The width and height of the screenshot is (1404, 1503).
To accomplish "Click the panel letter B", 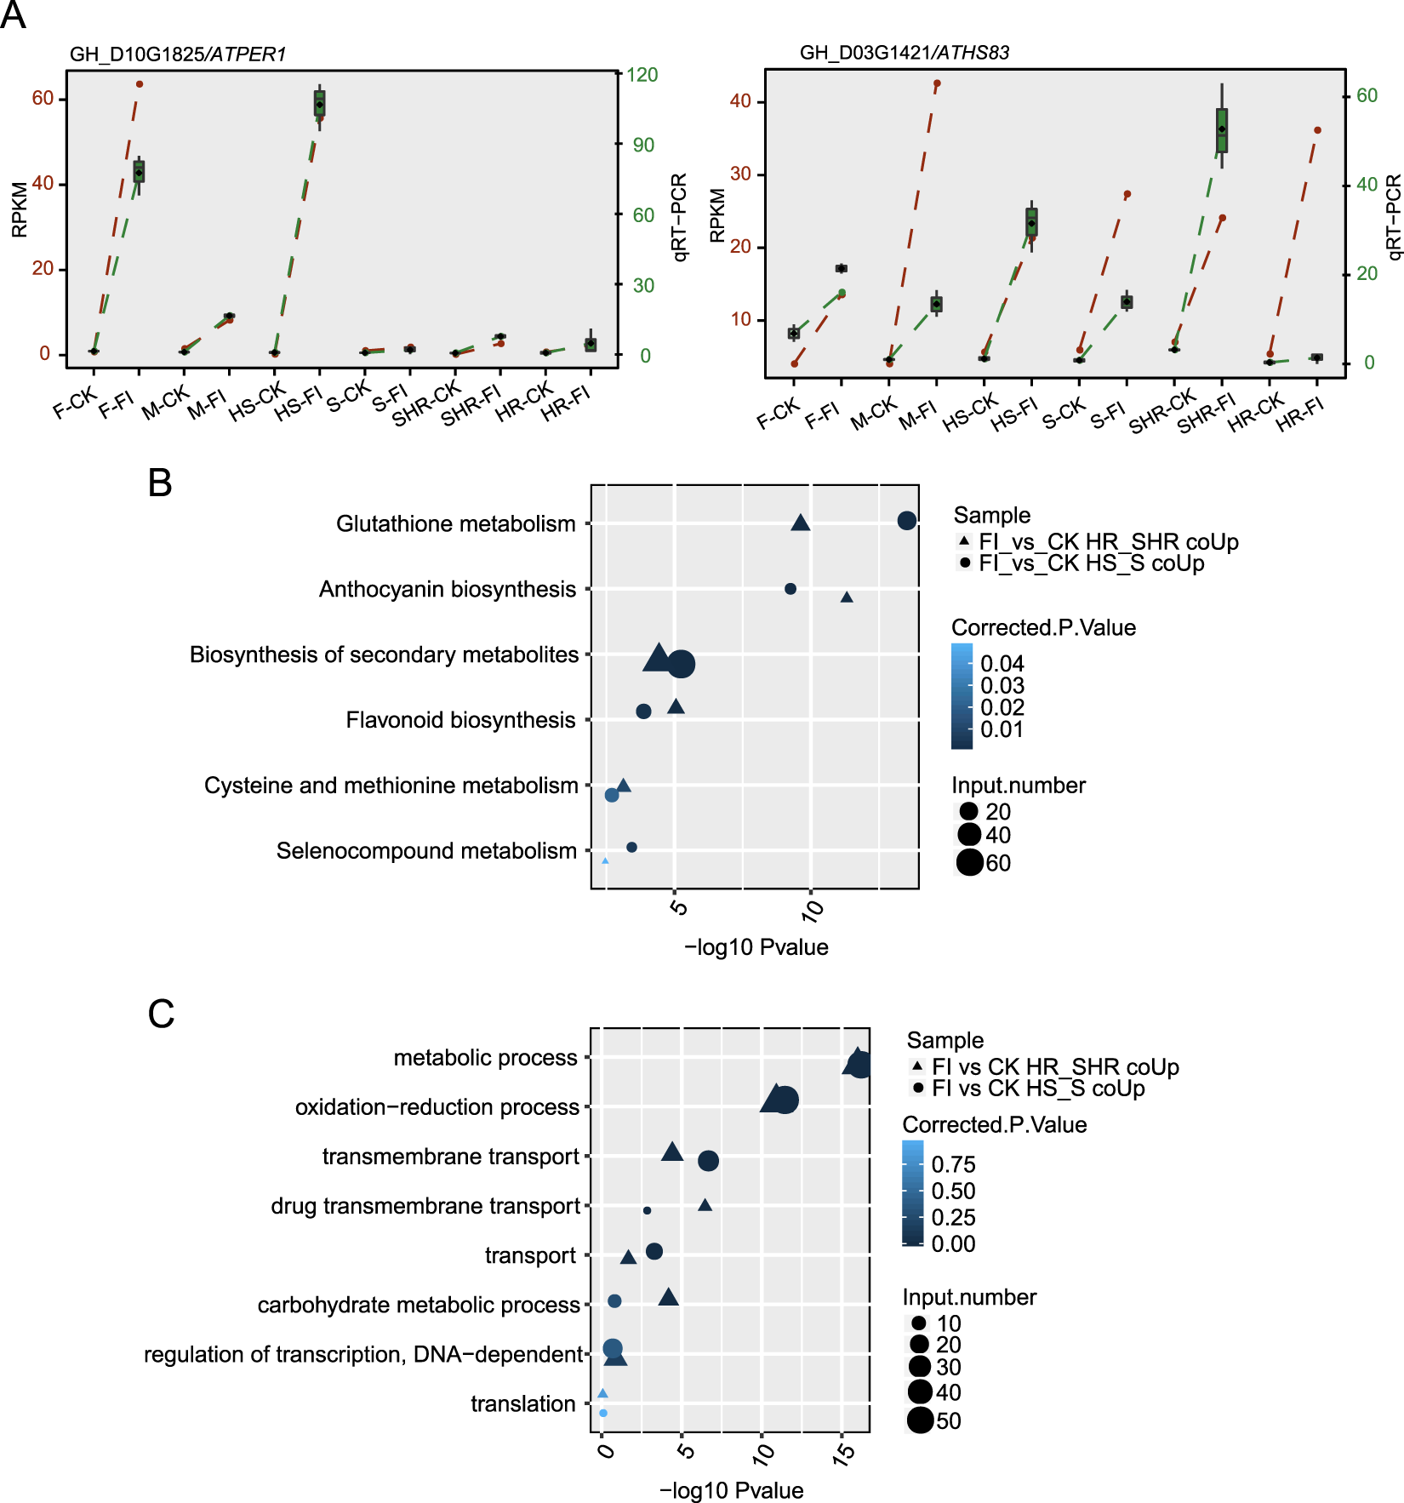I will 160,483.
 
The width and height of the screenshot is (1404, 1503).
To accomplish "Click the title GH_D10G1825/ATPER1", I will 177,54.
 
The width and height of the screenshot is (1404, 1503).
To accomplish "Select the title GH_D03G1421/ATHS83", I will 904,53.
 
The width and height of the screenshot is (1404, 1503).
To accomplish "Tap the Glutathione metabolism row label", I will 455,523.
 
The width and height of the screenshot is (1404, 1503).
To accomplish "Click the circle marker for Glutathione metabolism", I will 906,520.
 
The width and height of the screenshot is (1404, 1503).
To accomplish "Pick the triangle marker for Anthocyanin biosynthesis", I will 846,597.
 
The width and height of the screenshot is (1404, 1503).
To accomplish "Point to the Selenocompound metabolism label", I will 426,850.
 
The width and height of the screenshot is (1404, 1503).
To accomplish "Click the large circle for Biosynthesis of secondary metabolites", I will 681,664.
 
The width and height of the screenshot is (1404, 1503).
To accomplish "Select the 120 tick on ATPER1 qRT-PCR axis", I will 642,75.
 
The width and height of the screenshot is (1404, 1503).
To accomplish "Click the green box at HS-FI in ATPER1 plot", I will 320,103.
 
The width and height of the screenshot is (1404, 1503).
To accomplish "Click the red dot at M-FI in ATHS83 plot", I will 937,84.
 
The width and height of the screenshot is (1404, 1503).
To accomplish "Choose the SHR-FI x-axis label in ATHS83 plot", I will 1206,414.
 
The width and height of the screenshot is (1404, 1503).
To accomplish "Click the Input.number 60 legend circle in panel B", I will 969,862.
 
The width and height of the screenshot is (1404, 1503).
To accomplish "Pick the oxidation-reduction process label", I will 437,1107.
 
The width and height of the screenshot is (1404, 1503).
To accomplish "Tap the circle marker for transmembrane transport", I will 708,1160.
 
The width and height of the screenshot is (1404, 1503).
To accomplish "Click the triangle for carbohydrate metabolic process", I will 668,1297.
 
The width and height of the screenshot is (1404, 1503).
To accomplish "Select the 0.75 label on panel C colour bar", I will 953,1164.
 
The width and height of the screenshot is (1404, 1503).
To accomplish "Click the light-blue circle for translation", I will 603,1413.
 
